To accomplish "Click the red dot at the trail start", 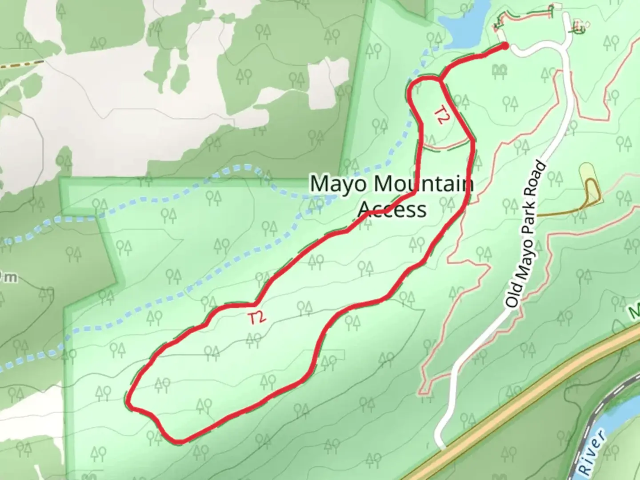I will [505, 46].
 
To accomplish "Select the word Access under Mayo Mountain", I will [392, 209].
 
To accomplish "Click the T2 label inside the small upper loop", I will [440, 115].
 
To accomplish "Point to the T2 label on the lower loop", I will [257, 318].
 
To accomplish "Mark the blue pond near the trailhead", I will [464, 22].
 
